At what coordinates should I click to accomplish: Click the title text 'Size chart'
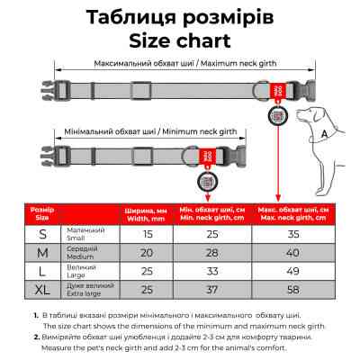[179, 40]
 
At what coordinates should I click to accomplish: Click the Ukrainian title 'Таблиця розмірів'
[179, 16]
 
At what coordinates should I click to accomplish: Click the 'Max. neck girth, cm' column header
[292, 214]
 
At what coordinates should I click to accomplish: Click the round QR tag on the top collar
[278, 115]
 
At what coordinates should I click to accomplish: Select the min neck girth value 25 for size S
[212, 235]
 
